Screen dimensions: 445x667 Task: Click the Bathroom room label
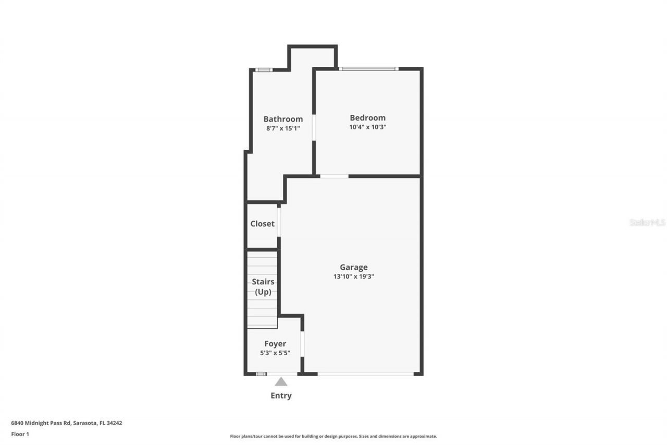[x=283, y=119]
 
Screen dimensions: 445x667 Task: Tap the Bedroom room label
[x=367, y=118]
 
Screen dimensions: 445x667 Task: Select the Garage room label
[x=354, y=268]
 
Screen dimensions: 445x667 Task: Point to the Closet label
[x=262, y=224]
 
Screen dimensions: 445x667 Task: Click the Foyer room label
[x=275, y=344]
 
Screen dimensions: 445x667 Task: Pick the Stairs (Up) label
[x=263, y=287]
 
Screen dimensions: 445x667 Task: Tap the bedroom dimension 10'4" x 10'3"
[x=367, y=127]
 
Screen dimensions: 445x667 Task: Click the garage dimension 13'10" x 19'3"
[x=354, y=276]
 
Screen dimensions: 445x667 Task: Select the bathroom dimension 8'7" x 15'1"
[x=283, y=128]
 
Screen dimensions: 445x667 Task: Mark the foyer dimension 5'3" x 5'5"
[x=275, y=353]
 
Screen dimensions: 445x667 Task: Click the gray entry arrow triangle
[x=281, y=381]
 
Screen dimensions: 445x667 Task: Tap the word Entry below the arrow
[x=281, y=395]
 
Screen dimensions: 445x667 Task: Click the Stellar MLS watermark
[x=647, y=222]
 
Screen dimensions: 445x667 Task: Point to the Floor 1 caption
[x=20, y=434]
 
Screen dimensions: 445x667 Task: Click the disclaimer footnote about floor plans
[x=333, y=436]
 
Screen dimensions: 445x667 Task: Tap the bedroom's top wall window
[x=368, y=68]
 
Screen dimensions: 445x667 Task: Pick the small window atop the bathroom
[x=264, y=70]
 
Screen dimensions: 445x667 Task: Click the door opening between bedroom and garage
[x=334, y=176]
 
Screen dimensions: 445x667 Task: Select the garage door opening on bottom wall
[x=365, y=374]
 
